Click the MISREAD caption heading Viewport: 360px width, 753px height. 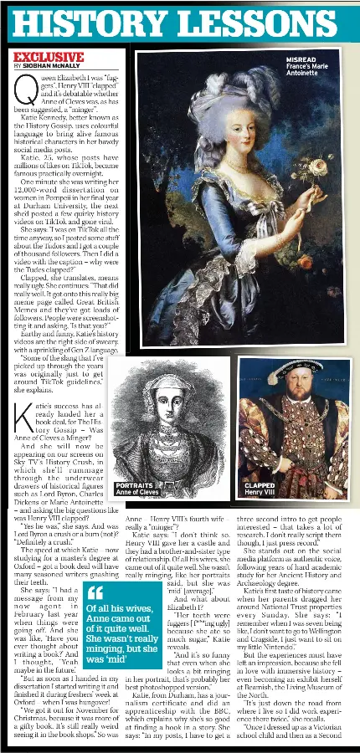[x=301, y=60]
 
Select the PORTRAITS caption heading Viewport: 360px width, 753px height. [x=134, y=484]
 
